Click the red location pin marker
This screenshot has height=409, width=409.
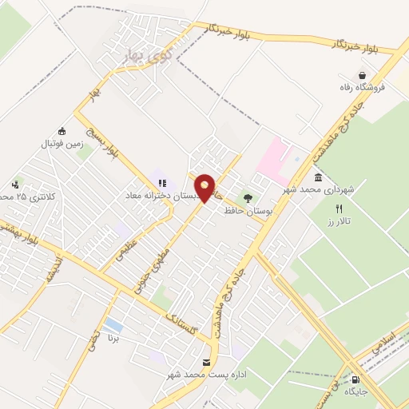click(x=206, y=188)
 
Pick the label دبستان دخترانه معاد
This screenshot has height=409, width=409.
click(x=165, y=194)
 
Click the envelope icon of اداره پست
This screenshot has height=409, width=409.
click(x=208, y=363)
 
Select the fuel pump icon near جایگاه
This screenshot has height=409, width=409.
click(x=355, y=380)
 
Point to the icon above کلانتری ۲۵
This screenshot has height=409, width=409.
click(x=18, y=185)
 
